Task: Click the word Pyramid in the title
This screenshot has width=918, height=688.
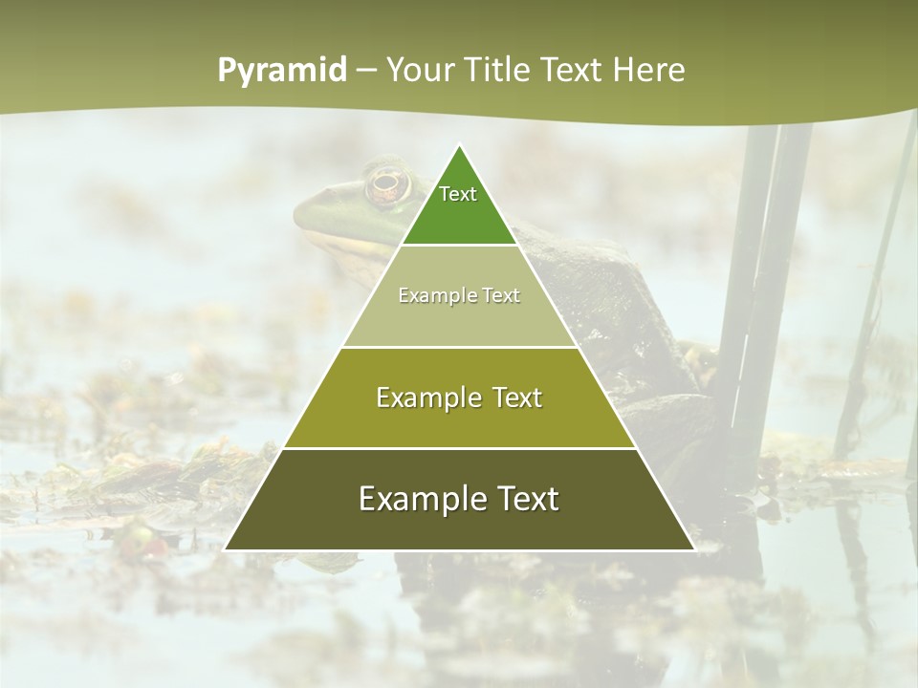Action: click(x=282, y=71)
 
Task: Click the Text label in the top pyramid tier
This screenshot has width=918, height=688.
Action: click(x=458, y=194)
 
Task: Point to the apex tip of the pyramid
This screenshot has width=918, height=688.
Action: click(x=459, y=145)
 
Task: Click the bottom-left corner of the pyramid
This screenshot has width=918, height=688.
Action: click(x=225, y=549)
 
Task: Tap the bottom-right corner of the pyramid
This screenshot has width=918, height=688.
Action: click(x=694, y=549)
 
